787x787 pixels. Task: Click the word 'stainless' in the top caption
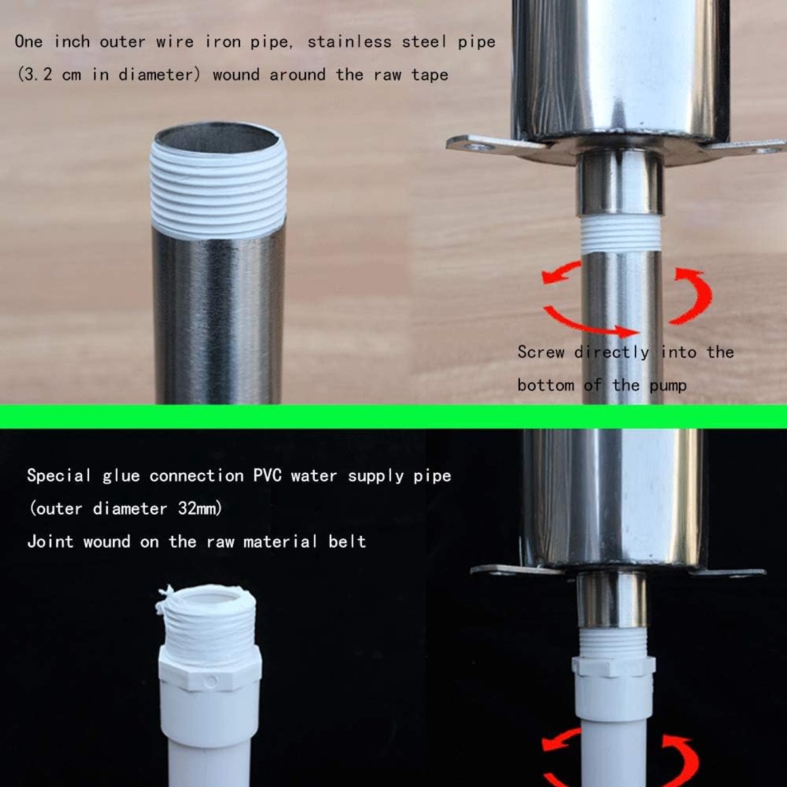349,42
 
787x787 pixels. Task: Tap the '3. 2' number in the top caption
39,75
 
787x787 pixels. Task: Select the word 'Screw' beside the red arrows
540,352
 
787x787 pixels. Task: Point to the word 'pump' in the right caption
668,386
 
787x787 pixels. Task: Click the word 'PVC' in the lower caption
268,475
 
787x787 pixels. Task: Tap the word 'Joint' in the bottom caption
50,542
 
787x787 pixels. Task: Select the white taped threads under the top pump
620,233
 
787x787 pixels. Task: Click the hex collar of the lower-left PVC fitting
209,670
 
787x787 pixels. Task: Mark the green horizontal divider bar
393,416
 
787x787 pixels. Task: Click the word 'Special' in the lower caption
59,475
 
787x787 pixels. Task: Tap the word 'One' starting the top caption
29,42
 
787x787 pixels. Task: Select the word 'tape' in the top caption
430,75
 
